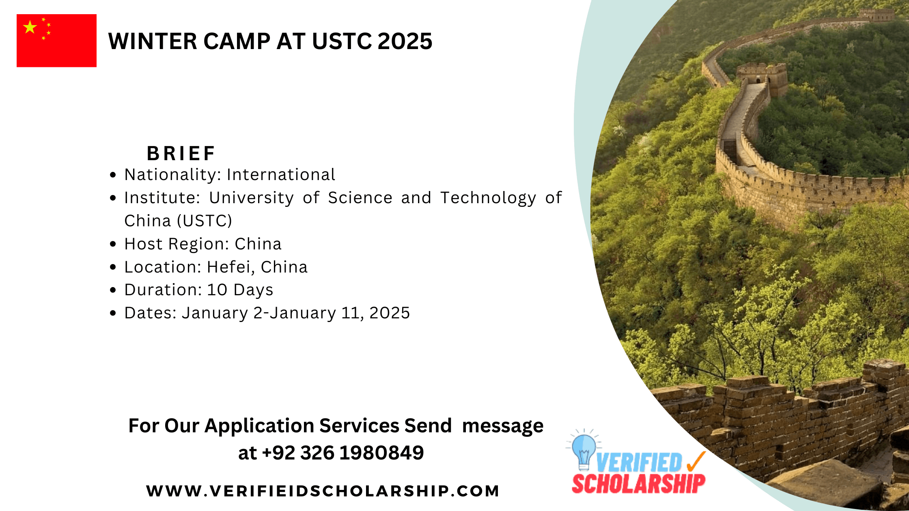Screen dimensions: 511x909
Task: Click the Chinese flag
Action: pyautogui.click(x=56, y=41)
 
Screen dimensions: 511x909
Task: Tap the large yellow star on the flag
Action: pyautogui.click(x=30, y=27)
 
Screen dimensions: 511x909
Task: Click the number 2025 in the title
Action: pyautogui.click(x=405, y=41)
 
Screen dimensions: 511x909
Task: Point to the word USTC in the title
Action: pyautogui.click(x=342, y=41)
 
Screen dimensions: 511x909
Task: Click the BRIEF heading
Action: pyautogui.click(x=181, y=153)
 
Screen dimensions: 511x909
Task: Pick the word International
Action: pyautogui.click(x=281, y=175)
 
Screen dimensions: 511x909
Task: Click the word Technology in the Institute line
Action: pyautogui.click(x=488, y=198)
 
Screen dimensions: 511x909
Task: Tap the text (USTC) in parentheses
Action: pyautogui.click(x=204, y=221)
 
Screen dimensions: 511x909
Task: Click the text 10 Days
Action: pyautogui.click(x=240, y=290)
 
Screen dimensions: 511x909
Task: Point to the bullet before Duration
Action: pyautogui.click(x=113, y=290)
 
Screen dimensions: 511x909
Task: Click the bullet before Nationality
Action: pyautogui.click(x=113, y=175)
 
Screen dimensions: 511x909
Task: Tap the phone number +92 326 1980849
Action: pyautogui.click(x=343, y=453)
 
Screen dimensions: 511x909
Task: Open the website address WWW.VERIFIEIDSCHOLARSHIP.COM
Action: pyautogui.click(x=323, y=491)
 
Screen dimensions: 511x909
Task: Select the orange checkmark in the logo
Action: pyautogui.click(x=696, y=462)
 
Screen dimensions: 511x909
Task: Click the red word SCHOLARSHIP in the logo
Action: pyautogui.click(x=638, y=483)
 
